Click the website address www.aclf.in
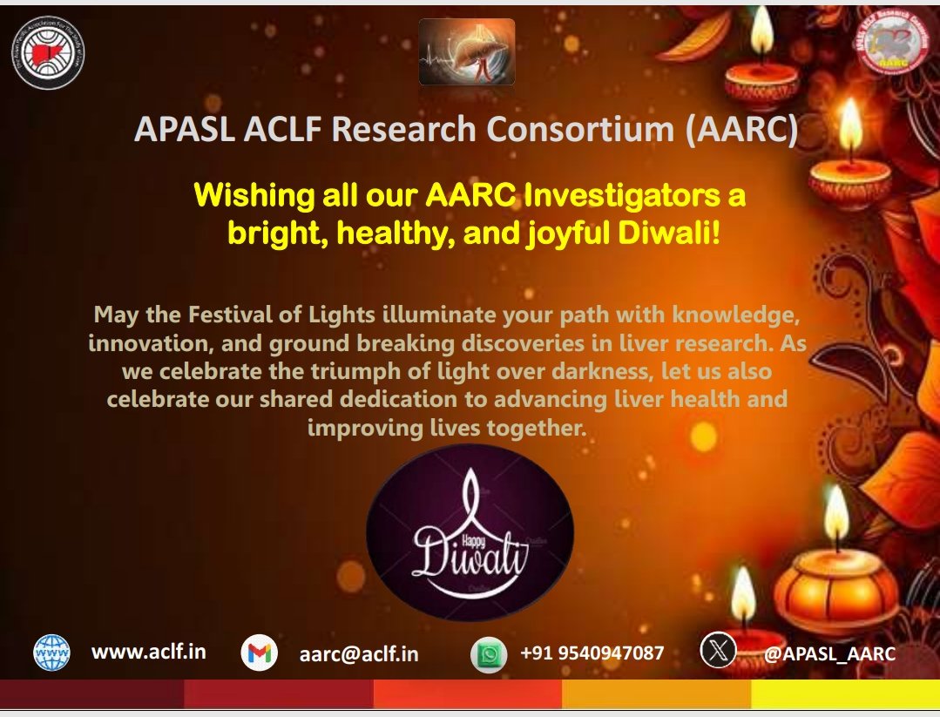tap(149, 651)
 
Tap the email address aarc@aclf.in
tap(358, 653)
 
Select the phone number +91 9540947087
tap(592, 653)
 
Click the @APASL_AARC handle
tap(828, 653)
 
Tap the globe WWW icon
tap(51, 652)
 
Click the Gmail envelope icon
tap(259, 653)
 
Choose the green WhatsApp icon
tap(489, 654)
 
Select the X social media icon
tap(718, 651)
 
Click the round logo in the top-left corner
tap(49, 54)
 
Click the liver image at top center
tap(466, 52)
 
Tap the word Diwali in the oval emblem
tap(470, 555)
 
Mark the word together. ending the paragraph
tap(533, 428)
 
